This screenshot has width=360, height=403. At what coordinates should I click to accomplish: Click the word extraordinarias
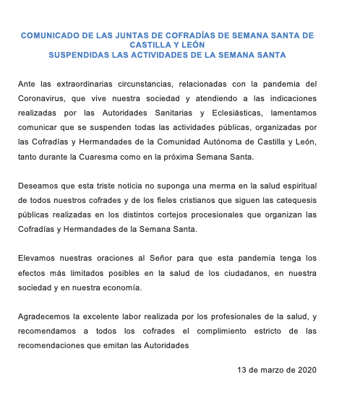tap(90, 85)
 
